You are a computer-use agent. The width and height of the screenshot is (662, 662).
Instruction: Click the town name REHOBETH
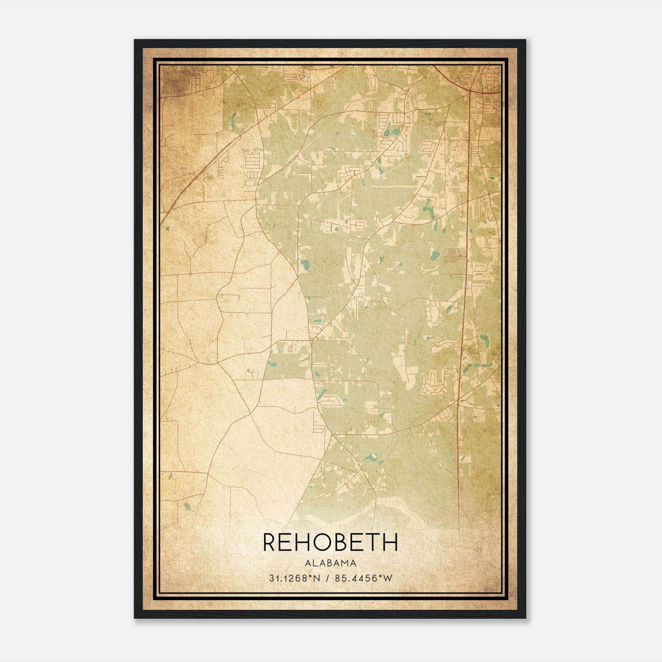(330, 542)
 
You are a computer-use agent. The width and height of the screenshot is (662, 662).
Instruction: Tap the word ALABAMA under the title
(330, 563)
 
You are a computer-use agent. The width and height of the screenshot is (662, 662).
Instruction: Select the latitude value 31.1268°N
(295, 578)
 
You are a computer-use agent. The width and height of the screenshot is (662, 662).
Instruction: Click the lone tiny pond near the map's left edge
(167, 228)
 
